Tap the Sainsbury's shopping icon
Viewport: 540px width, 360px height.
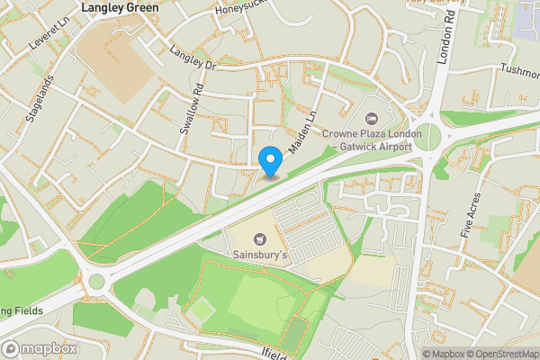click(261, 239)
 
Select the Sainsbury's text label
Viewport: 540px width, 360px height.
click(261, 256)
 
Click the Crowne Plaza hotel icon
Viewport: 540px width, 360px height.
click(369, 119)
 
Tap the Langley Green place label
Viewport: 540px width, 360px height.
click(120, 7)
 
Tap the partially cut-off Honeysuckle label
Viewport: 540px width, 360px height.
click(243, 9)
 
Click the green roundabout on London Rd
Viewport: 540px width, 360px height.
click(429, 138)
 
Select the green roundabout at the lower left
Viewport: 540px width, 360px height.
click(97, 283)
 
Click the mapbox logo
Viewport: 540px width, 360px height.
click(37, 348)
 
